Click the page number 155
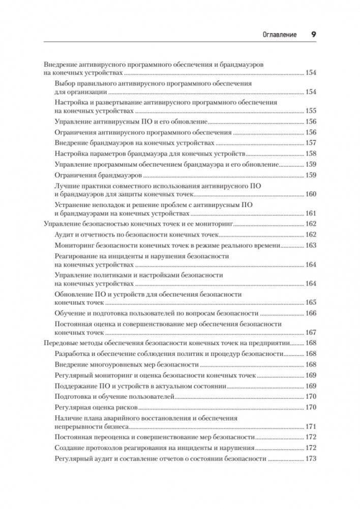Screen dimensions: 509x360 [310, 111]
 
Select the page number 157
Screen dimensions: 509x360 [310, 143]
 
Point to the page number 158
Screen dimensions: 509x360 [310, 154]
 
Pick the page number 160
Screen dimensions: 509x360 [310, 195]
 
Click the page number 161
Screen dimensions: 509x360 [310, 214]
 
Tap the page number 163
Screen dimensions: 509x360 [310, 245]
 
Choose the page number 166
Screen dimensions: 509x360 [310, 314]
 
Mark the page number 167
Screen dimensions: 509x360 [310, 333]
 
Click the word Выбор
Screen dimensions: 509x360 [64, 82]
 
